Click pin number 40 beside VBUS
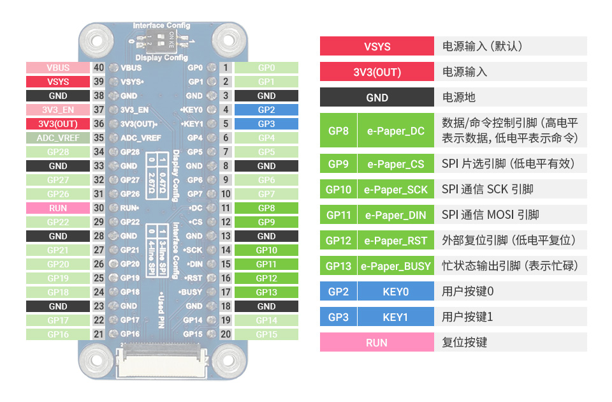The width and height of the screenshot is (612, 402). coord(99,68)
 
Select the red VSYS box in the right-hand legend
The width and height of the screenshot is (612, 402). coord(377,47)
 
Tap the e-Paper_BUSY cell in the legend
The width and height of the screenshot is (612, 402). coord(395,266)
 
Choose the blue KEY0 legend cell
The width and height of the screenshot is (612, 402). coord(395,292)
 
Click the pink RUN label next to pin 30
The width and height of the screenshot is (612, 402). coord(57,208)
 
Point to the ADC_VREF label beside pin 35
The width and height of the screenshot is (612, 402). coord(57,138)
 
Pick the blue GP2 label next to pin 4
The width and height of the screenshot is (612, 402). coord(266,110)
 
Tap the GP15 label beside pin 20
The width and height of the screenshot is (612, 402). coord(266,334)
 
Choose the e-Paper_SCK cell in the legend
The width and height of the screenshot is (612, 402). coord(395,190)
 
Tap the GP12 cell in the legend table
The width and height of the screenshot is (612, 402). coord(338,241)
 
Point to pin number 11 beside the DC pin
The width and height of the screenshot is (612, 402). coord(226,208)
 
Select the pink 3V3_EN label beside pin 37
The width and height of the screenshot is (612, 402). coord(57,110)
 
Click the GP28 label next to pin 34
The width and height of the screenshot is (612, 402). coord(57,152)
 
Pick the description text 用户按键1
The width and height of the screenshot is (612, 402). coord(468,317)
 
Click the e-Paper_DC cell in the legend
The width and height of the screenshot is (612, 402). coord(395,131)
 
